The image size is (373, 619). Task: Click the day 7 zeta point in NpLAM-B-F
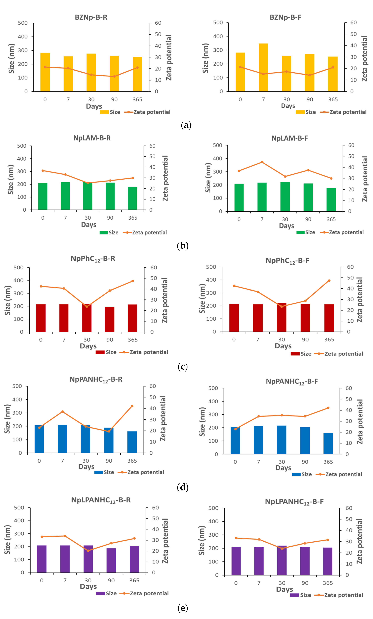[x=262, y=162]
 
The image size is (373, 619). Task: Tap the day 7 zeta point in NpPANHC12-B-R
[x=62, y=411]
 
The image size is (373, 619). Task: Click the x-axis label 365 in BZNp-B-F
[x=333, y=99]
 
